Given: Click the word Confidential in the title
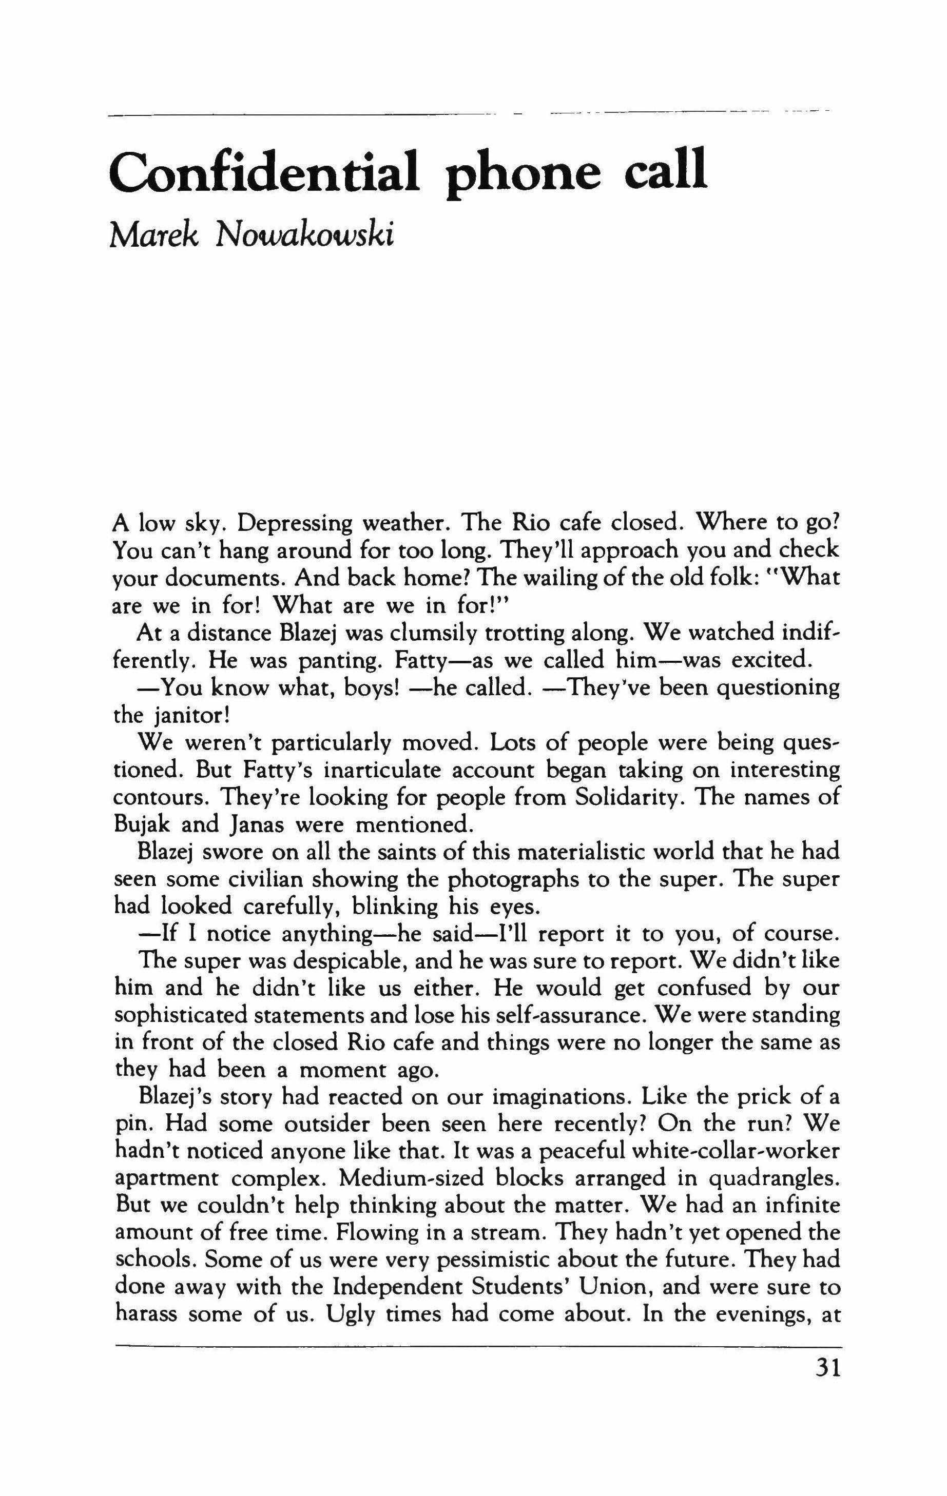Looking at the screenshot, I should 263,171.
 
